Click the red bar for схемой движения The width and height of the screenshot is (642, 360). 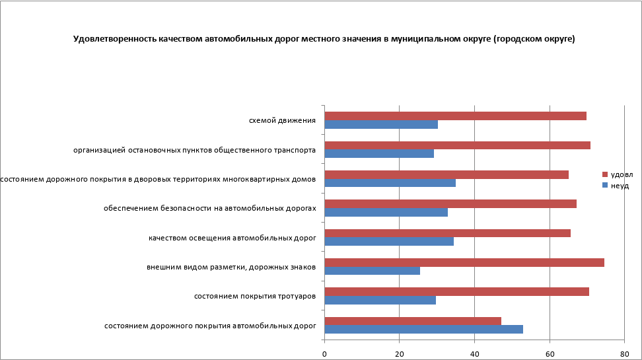[x=456, y=116]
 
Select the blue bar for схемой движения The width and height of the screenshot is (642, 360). [x=381, y=124]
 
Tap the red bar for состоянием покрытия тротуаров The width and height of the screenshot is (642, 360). [x=457, y=292]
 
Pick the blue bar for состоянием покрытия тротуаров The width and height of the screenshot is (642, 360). [x=380, y=300]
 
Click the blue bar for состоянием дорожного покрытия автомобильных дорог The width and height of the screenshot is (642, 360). [x=424, y=329]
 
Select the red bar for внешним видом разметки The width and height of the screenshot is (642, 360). [x=464, y=262]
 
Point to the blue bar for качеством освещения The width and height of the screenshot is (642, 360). [x=389, y=241]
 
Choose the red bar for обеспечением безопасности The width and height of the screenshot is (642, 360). [x=450, y=203]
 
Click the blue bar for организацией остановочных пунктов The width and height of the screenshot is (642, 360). [x=379, y=153]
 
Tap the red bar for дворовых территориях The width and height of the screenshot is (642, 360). [x=446, y=174]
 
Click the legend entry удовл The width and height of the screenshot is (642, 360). [x=621, y=174]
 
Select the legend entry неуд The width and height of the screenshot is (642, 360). [x=620, y=186]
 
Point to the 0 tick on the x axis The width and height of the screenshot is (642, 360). [x=324, y=354]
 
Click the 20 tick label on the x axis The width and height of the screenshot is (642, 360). [x=399, y=354]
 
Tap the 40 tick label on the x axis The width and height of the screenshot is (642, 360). [x=474, y=354]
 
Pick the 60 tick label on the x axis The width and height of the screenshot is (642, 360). [x=550, y=354]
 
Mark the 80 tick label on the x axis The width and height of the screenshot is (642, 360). [x=624, y=354]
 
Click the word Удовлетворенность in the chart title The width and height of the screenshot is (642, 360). [x=114, y=39]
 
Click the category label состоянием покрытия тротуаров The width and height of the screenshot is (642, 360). [x=254, y=296]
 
